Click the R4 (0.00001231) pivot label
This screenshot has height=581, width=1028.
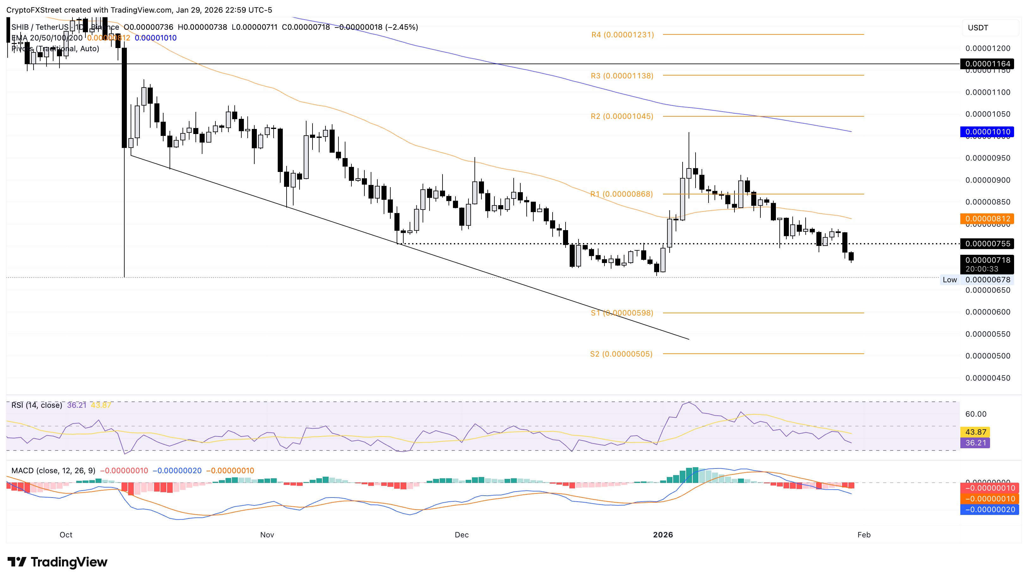click(622, 35)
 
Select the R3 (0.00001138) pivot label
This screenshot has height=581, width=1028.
click(622, 76)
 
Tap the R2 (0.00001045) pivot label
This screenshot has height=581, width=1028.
click(622, 117)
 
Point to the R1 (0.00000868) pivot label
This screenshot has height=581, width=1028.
click(622, 194)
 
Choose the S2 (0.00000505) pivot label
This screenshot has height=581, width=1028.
click(621, 354)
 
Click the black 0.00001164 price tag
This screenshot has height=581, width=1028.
click(987, 64)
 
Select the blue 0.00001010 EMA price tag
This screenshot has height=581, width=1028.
click(987, 132)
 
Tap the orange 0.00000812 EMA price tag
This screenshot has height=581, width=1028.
click(987, 219)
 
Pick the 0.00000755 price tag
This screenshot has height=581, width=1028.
click(987, 244)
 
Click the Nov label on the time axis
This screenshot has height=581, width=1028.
click(267, 535)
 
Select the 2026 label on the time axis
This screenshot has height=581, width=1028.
click(663, 535)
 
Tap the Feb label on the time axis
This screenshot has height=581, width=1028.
click(864, 535)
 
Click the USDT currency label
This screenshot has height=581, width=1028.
click(978, 28)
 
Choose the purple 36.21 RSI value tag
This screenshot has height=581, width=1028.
click(975, 443)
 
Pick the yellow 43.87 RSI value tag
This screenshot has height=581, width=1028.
click(975, 432)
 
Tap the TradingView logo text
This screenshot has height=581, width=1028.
click(69, 562)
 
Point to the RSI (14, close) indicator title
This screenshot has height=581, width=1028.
click(37, 406)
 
